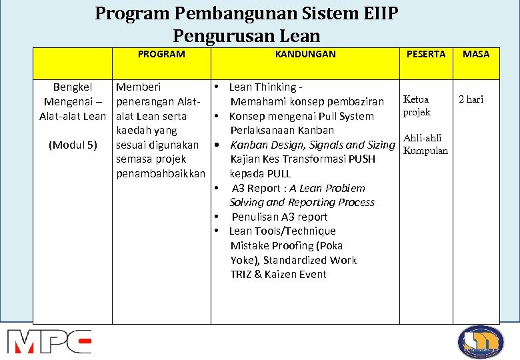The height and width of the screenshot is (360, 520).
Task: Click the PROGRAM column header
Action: tap(161, 54)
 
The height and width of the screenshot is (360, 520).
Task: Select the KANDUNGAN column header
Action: tap(305, 54)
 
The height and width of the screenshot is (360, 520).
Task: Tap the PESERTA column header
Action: tap(426, 54)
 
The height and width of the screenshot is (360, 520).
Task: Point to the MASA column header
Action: tap(476, 54)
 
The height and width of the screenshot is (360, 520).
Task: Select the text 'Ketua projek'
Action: tap(417, 105)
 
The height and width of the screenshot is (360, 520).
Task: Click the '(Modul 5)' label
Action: tap(73, 145)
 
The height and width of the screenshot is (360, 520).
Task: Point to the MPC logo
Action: tap(49, 341)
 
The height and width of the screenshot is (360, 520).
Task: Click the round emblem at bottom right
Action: tap(481, 341)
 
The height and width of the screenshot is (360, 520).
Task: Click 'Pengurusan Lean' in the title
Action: tap(246, 36)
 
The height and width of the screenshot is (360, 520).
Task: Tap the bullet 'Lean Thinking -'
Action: tap(265, 87)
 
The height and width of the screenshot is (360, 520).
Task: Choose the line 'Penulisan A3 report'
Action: tap(279, 217)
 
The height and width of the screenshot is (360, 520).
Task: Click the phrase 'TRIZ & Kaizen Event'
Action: tap(278, 274)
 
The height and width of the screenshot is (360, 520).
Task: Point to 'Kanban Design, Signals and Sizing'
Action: tap(312, 145)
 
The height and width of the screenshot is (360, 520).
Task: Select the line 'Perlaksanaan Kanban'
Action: tap(281, 130)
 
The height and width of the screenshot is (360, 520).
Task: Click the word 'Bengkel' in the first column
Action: tap(73, 87)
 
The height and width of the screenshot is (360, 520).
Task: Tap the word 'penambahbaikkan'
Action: tap(160, 173)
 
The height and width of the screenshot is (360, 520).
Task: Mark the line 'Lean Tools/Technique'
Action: tap(282, 231)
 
